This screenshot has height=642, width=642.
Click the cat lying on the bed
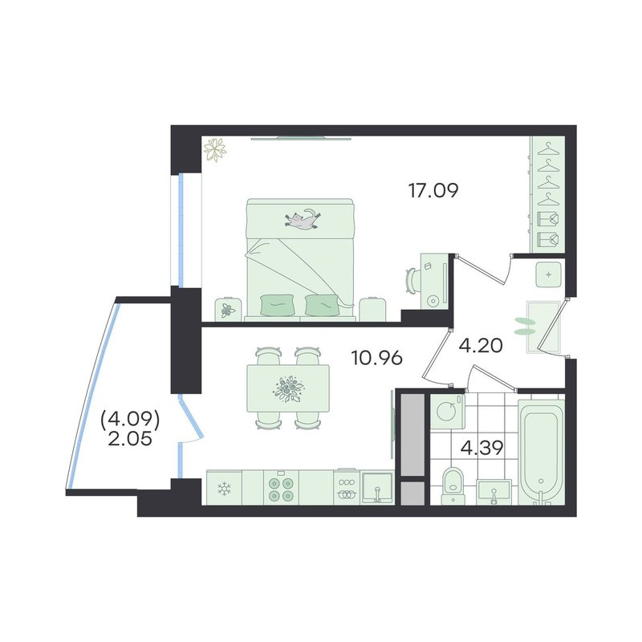click(303, 219)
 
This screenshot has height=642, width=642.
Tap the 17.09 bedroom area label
click(433, 190)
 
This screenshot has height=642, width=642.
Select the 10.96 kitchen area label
click(377, 358)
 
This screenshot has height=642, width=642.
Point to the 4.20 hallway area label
click(481, 346)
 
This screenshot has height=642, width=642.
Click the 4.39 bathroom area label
click(482, 448)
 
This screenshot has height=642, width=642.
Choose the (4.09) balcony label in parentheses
click(130, 419)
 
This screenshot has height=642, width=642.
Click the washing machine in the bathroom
click(448, 412)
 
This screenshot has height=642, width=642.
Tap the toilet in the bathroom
click(453, 486)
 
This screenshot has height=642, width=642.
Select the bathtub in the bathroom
click(541, 453)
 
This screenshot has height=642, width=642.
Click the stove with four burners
click(282, 488)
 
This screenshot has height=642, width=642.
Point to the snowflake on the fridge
click(225, 489)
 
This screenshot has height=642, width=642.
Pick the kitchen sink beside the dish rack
click(377, 489)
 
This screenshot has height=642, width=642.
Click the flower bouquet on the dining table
click(289, 388)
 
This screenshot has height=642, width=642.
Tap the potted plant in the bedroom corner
click(215, 149)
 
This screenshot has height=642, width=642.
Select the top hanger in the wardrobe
click(548, 150)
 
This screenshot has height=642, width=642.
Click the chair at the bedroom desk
click(412, 280)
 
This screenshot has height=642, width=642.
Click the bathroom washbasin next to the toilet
click(494, 492)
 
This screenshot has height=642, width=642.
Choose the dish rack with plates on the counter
click(347, 488)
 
